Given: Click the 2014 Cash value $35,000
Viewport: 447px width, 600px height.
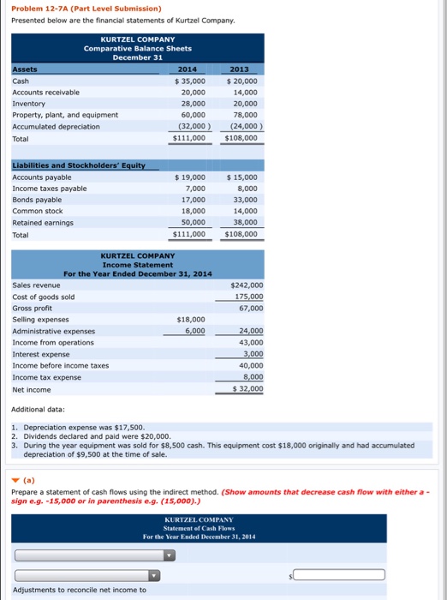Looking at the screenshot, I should pyautogui.click(x=189, y=80).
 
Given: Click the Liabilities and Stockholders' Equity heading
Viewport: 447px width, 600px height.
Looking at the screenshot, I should pyautogui.click(x=78, y=165).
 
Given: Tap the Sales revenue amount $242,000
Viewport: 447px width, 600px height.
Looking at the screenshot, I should pyautogui.click(x=247, y=285).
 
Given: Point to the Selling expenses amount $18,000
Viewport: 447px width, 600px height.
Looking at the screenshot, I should pyautogui.click(x=190, y=319).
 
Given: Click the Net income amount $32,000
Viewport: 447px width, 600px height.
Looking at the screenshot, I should pyautogui.click(x=247, y=388).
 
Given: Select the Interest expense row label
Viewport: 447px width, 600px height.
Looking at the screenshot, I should pyautogui.click(x=41, y=354).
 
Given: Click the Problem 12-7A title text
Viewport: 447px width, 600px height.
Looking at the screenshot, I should pyautogui.click(x=86, y=9).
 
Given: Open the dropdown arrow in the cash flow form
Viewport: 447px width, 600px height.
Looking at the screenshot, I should pyautogui.click(x=169, y=555).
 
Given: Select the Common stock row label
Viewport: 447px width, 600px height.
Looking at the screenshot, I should pyautogui.click(x=38, y=211).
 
